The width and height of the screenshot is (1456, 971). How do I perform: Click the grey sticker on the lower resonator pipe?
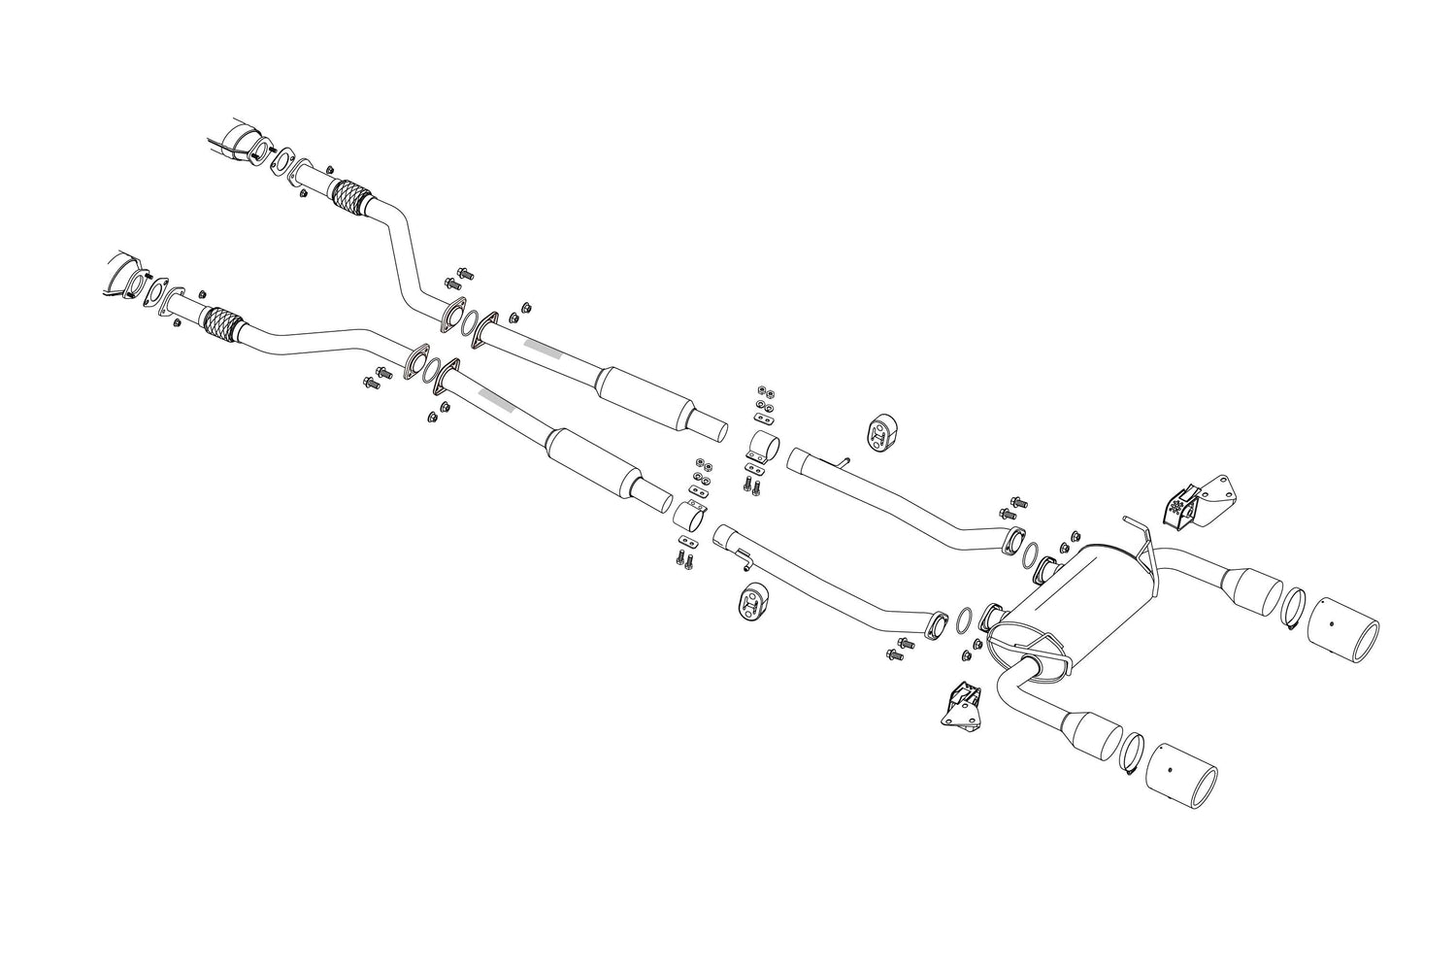coord(492,397)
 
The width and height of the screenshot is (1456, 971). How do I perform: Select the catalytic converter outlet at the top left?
coord(242,141)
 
